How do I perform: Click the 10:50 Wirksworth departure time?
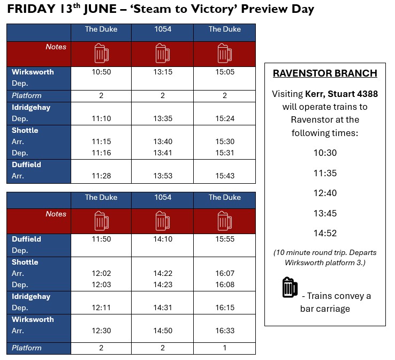[x=101, y=72]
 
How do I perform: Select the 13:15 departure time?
[x=163, y=72]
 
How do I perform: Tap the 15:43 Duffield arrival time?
[x=225, y=176]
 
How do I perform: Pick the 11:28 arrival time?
[x=101, y=176]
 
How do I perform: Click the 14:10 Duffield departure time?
[x=163, y=239]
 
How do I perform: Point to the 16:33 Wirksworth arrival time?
[x=225, y=331]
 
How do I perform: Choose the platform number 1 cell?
[x=224, y=348]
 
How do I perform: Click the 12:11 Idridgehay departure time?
[x=101, y=307]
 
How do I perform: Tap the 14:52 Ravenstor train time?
[x=325, y=233]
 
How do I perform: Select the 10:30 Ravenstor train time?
[x=325, y=153]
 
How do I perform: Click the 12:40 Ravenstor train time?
[x=325, y=193]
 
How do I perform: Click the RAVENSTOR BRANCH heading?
[x=325, y=73]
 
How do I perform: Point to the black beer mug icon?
[x=290, y=287]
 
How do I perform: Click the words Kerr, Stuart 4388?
[x=341, y=94]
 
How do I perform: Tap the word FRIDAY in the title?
[x=31, y=9]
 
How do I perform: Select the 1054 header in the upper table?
[x=163, y=29]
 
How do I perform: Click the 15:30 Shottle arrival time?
[x=225, y=141]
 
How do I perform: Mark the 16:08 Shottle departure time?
[x=225, y=284]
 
